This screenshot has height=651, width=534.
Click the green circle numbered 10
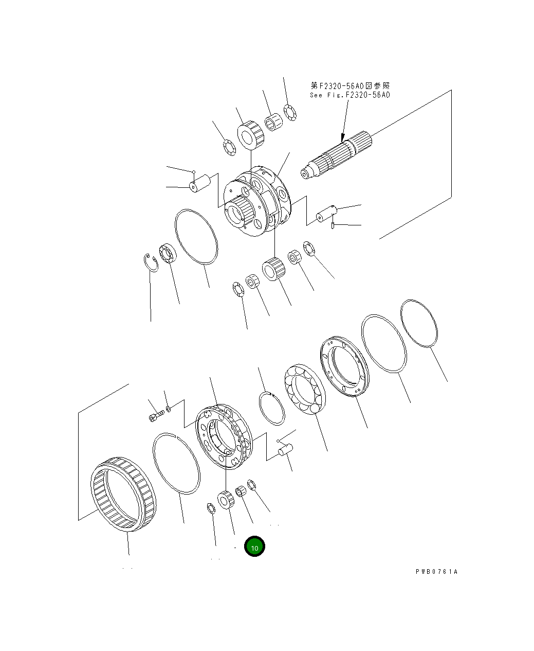[254, 547]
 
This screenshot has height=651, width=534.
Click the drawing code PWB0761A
[436, 572]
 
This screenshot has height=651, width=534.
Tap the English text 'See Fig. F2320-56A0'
[349, 95]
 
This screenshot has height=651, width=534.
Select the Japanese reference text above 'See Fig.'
[350, 85]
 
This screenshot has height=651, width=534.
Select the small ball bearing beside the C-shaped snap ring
[168, 254]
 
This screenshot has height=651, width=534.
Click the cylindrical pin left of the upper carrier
[200, 183]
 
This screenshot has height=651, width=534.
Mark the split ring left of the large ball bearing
[271, 409]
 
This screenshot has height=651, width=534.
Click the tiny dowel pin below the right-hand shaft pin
[334, 225]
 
